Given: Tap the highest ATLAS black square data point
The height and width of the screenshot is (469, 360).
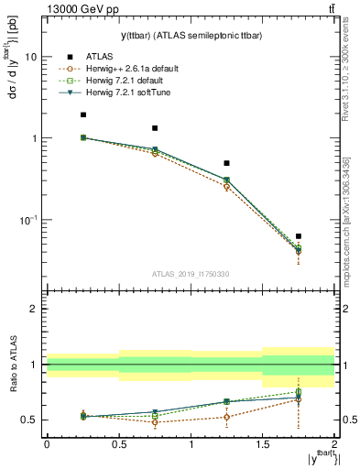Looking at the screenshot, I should (83, 115).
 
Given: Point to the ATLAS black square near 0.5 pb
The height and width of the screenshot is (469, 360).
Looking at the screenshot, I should (226, 163).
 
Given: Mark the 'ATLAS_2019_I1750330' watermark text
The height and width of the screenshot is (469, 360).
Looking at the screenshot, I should (191, 274).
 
